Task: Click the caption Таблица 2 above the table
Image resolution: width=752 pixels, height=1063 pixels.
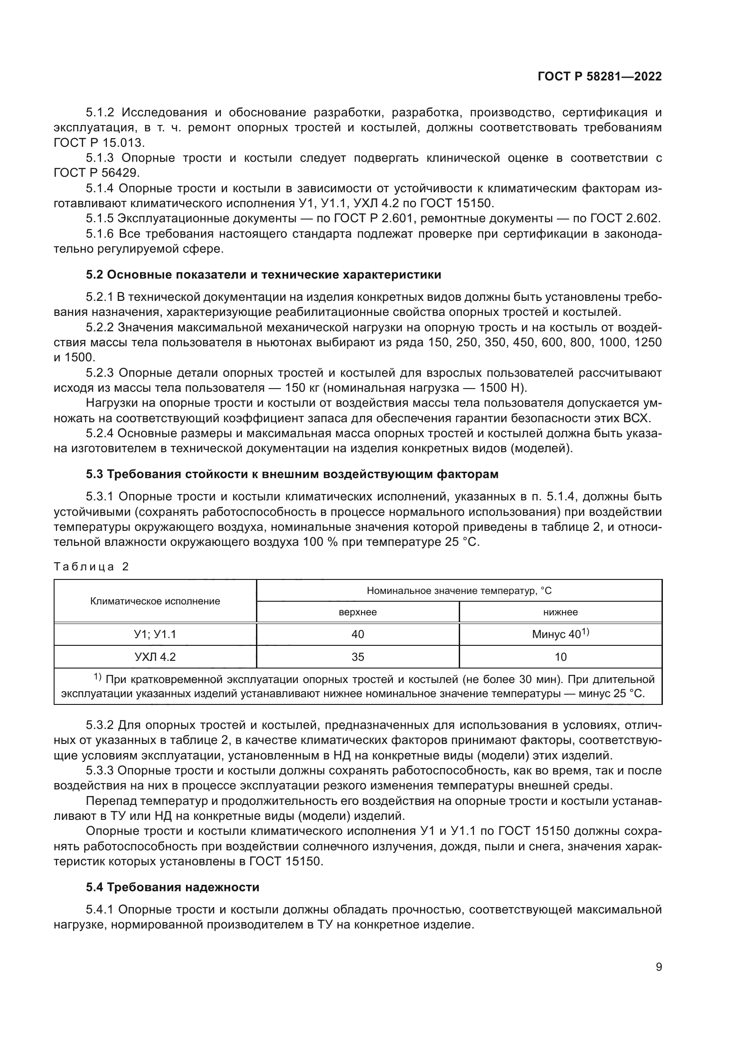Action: click(91, 567)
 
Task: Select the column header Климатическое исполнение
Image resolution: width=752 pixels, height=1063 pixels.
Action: click(155, 601)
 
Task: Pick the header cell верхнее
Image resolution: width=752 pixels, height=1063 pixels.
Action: click(357, 612)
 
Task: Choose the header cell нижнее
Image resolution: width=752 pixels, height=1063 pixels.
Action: click(560, 612)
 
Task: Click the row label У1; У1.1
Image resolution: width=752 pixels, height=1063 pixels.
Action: click(155, 634)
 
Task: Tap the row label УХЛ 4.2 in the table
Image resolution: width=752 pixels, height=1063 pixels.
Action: click(155, 657)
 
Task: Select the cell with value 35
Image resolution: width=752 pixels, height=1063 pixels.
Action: click(357, 657)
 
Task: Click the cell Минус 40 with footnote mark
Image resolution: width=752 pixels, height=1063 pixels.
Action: click(560, 634)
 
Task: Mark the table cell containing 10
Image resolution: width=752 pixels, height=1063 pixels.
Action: click(560, 657)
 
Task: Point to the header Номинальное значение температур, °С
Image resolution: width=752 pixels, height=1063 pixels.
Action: click(459, 591)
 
